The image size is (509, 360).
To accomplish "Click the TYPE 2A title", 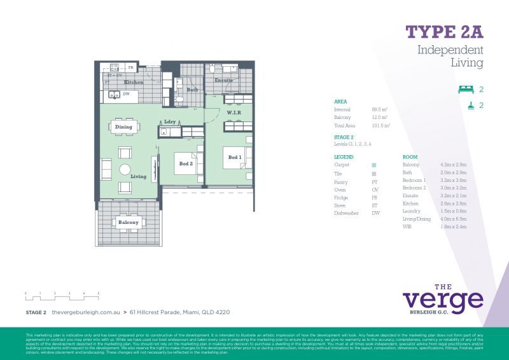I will coord(444,32).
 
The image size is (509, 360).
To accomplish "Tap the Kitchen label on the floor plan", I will coord(134,83).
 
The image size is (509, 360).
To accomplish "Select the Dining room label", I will coord(123,127).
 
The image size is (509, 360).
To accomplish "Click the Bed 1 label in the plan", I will coord(234,157).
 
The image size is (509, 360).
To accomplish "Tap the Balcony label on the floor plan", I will coord(128,222).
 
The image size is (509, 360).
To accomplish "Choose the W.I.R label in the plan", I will coord(234,113).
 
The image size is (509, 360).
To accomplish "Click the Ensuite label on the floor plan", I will coord(223,81).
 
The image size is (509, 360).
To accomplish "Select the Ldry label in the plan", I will coord(170,121).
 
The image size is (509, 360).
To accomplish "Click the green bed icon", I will coord(466,90).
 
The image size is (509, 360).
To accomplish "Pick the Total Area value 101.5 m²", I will coord(380,126).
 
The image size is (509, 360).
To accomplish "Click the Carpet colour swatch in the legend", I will coord(373,165).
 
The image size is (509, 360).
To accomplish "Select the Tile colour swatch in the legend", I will coord(373,173).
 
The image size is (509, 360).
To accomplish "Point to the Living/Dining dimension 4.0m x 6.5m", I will coord(453,219).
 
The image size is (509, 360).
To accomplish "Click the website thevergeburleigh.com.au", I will coord(86,312).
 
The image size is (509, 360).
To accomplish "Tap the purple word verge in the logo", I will coord(443,300).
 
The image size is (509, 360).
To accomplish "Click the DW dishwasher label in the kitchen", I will coord(126,94).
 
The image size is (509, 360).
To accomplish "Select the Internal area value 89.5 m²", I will coord(379,109).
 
